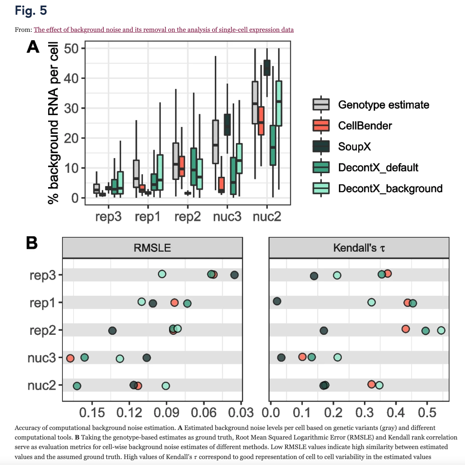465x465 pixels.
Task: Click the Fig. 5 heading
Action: (31, 10)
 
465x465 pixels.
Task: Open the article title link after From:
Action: (164, 30)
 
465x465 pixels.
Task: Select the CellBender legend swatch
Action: (321, 125)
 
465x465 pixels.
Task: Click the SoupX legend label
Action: (354, 147)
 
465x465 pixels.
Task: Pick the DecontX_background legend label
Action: (390, 188)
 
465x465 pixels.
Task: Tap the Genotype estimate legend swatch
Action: (321, 104)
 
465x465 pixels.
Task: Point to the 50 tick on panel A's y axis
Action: (71, 48)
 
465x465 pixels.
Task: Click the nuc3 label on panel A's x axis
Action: (227, 217)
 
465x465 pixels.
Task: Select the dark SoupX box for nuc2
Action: (267, 68)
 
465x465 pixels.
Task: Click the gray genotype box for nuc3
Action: (216, 142)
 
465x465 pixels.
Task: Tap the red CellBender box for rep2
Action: (182, 166)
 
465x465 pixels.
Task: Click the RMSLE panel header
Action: (152, 248)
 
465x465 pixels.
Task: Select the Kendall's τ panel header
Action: (359, 248)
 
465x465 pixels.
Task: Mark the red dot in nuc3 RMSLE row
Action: (70, 358)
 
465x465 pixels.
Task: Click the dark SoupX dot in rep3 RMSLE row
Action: (234, 275)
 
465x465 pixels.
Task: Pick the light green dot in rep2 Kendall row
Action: (441, 330)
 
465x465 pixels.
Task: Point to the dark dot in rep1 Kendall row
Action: (277, 301)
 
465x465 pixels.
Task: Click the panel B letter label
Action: (32, 243)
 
